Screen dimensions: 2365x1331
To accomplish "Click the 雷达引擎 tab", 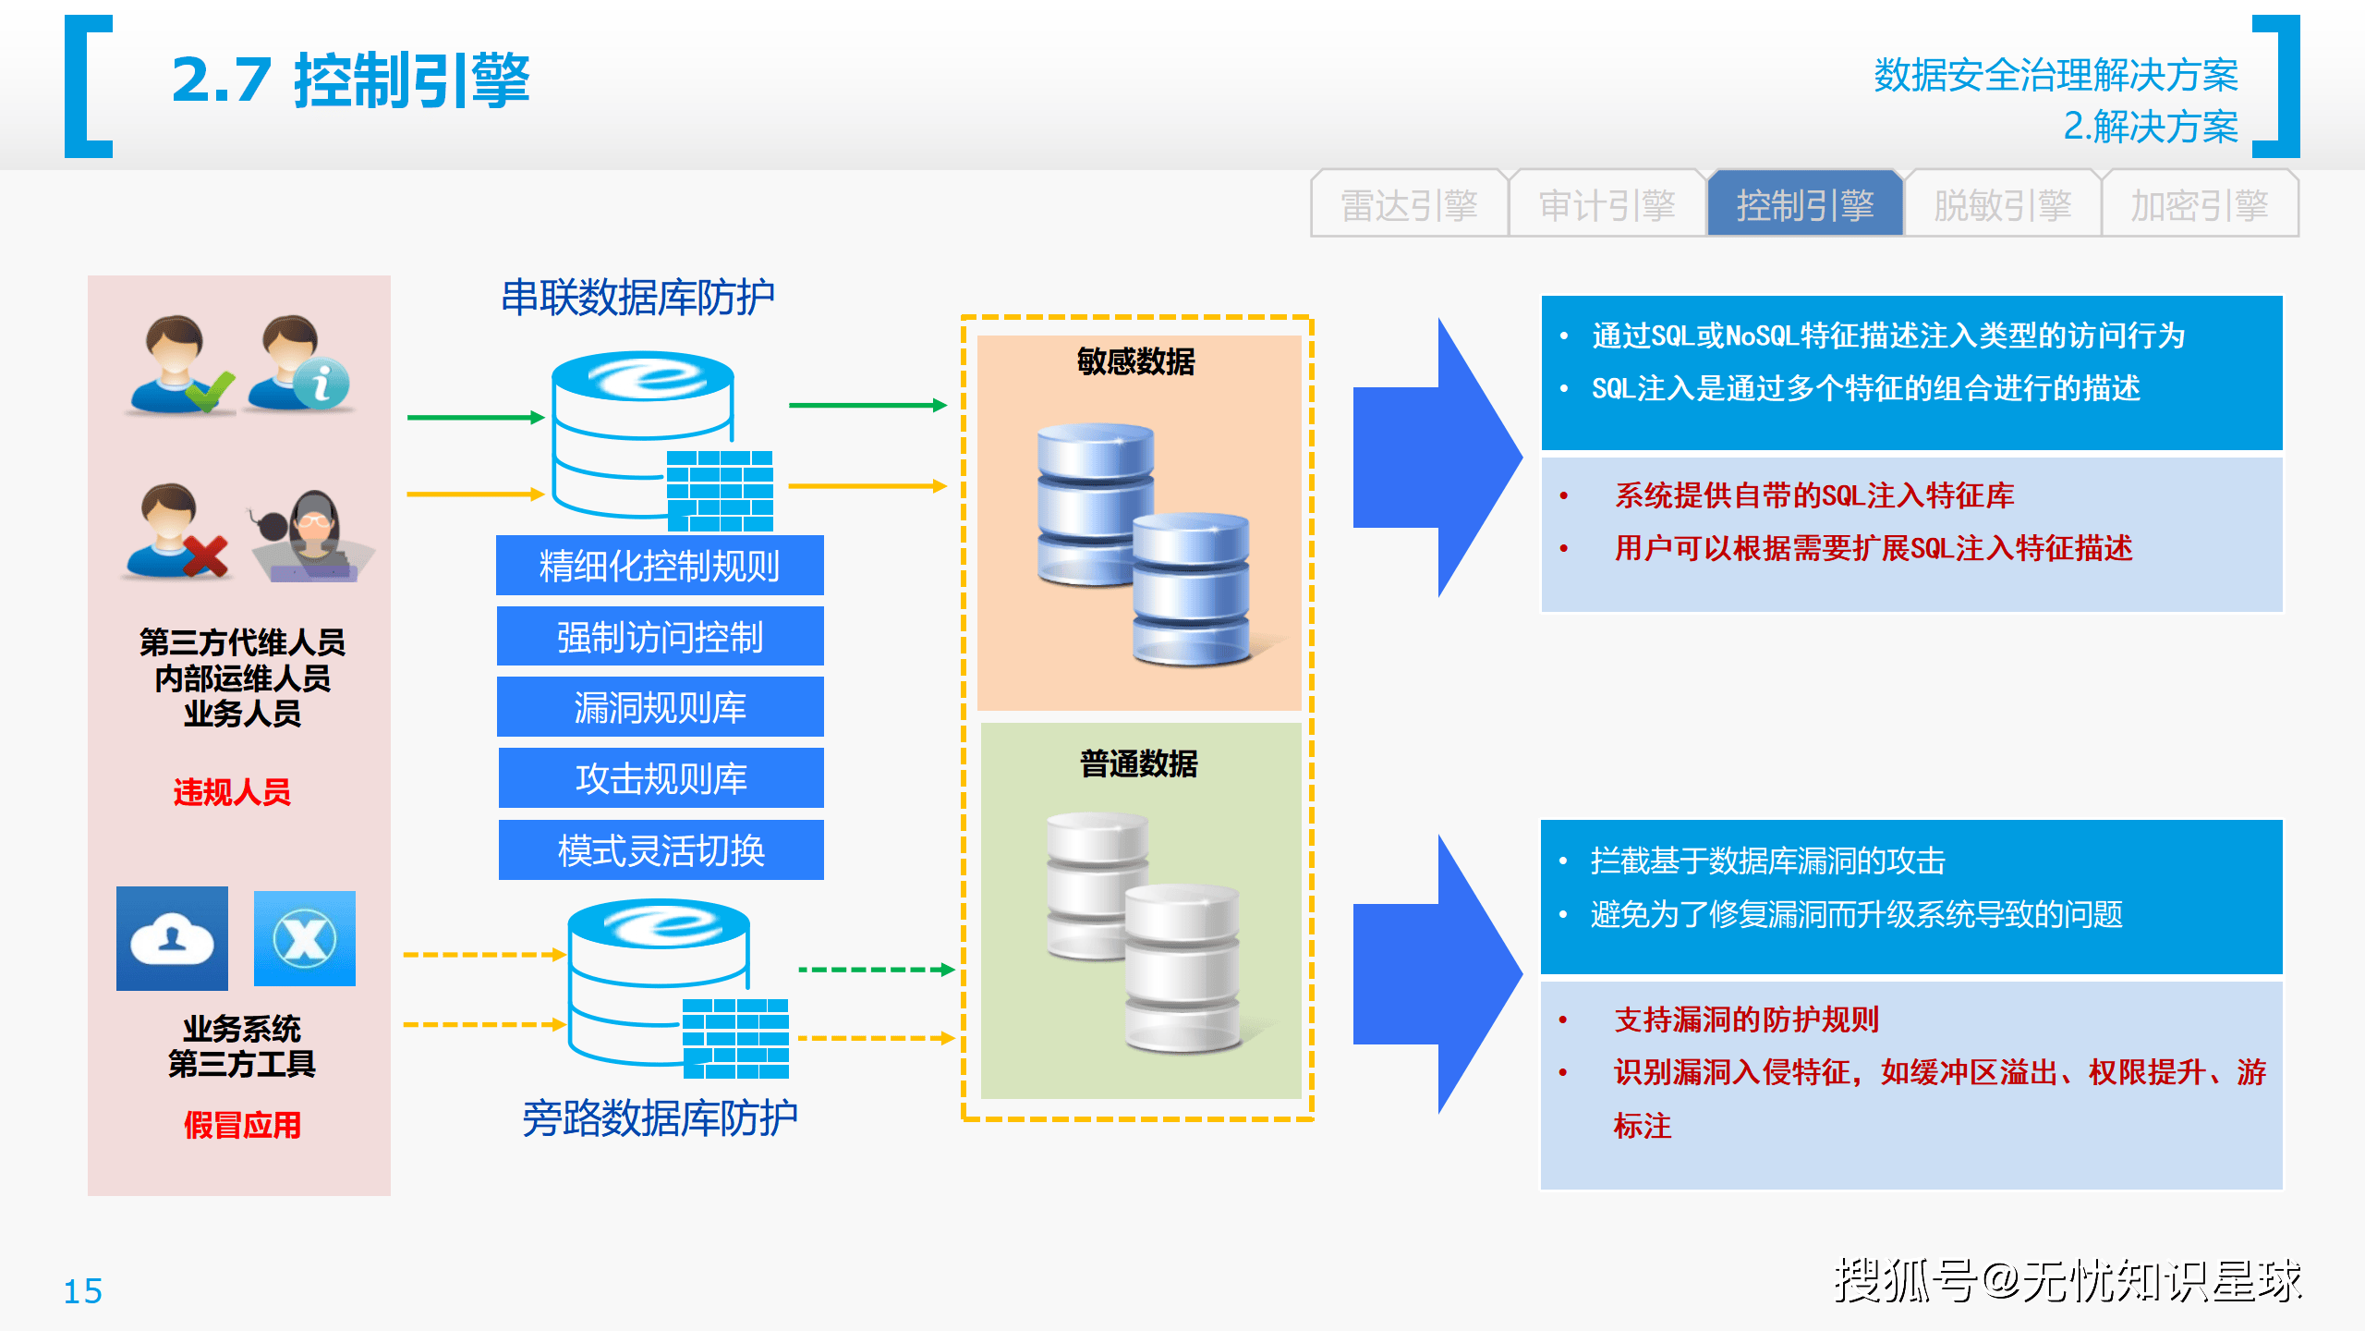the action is (x=1409, y=204).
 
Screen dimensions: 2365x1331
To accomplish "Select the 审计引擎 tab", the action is (x=1607, y=204).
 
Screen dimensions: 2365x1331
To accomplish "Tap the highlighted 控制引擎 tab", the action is (x=1804, y=204).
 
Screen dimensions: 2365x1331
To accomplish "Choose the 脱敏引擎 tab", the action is (x=2002, y=204).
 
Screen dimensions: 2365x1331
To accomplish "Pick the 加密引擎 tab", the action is (x=2200, y=204).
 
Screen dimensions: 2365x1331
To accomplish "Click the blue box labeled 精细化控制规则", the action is (x=660, y=566).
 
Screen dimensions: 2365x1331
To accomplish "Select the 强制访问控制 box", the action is (x=661, y=636).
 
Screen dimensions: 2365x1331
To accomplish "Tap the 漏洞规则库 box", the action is (x=661, y=707).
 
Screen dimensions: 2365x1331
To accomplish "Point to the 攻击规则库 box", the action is (x=661, y=778).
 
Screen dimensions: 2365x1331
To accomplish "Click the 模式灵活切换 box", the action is (x=661, y=850).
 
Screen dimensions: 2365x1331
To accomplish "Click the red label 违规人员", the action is (x=232, y=792).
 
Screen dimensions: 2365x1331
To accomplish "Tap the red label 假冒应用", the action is (x=242, y=1125).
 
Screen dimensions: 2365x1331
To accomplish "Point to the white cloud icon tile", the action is (x=172, y=938).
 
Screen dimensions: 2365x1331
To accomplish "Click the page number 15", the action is (x=82, y=1291).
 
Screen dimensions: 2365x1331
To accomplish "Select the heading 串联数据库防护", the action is (x=637, y=298).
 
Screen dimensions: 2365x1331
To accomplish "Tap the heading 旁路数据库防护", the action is (x=660, y=1118).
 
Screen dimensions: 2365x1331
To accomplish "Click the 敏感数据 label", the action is (x=1136, y=361).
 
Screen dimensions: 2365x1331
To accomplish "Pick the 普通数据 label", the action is (x=1139, y=763).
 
